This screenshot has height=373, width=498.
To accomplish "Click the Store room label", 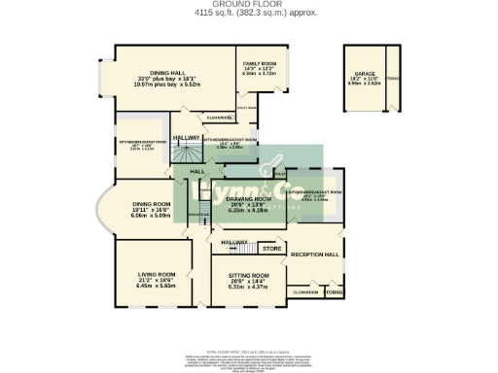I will [271, 250].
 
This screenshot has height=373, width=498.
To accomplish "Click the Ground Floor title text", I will [248, 4].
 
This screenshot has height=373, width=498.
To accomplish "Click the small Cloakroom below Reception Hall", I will [306, 291].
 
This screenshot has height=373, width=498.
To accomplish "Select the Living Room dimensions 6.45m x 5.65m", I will [158, 287].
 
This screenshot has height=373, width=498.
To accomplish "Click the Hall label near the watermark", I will [197, 171].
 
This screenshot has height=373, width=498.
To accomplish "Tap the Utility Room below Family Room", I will [247, 108].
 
